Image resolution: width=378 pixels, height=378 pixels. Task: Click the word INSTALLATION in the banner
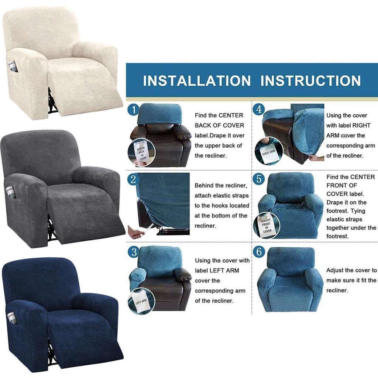[197, 81]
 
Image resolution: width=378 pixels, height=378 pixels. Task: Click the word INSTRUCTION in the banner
[310, 81]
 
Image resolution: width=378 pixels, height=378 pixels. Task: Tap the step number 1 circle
[133, 110]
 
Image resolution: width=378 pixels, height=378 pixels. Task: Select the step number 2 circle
[133, 180]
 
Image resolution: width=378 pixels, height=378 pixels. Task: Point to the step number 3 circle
[134, 252]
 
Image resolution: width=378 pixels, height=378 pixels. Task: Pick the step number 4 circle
[259, 109]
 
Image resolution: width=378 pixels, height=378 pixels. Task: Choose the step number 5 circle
[259, 179]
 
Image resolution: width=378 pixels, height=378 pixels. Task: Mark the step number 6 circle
[259, 252]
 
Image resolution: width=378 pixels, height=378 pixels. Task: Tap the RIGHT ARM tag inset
[268, 151]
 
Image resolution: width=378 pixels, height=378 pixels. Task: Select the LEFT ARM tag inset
[141, 301]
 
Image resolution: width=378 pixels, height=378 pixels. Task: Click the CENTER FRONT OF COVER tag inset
[267, 226]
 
